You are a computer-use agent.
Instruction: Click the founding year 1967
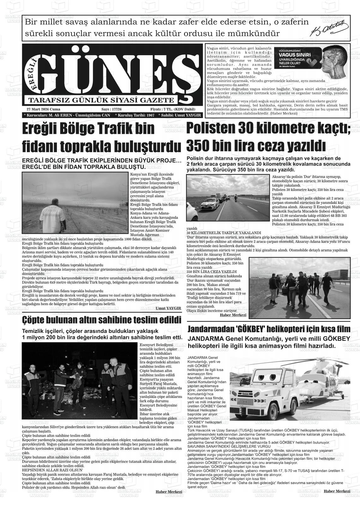click(x=148, y=115)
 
